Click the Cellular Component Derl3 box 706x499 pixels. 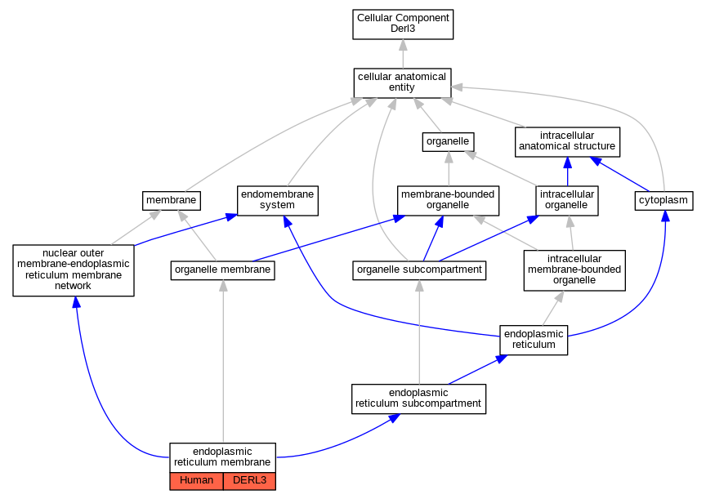[403, 25]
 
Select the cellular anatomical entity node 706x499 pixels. [402, 82]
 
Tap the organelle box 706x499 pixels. [448, 142]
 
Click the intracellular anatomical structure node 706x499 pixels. [567, 142]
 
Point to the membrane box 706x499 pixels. [171, 201]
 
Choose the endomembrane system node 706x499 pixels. [277, 201]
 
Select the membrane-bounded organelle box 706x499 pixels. [448, 201]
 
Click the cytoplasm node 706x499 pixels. [664, 201]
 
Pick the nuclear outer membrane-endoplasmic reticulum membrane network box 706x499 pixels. [74, 270]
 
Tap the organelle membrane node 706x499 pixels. [222, 270]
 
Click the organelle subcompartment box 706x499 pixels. [419, 270]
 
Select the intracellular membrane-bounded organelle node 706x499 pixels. [574, 270]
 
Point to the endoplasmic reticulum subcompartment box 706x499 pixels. [418, 399]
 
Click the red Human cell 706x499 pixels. [196, 481]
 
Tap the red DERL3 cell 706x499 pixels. [249, 481]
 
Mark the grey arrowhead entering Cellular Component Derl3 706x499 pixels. [403, 45]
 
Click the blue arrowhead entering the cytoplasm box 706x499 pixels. [665, 216]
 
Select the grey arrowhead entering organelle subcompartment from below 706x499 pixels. [419, 286]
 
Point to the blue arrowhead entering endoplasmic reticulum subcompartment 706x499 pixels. [394, 418]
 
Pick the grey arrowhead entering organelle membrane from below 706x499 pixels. [223, 286]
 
